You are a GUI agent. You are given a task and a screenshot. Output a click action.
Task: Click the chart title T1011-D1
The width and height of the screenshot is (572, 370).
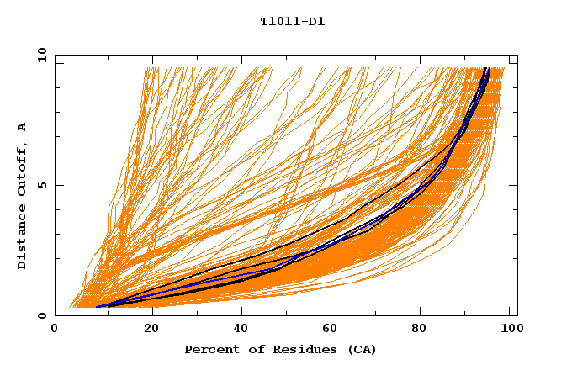293,22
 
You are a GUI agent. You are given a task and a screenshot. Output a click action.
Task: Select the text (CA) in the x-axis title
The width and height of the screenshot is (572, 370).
362,349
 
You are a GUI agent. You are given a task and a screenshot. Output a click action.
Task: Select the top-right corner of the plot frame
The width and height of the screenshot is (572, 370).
517,55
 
